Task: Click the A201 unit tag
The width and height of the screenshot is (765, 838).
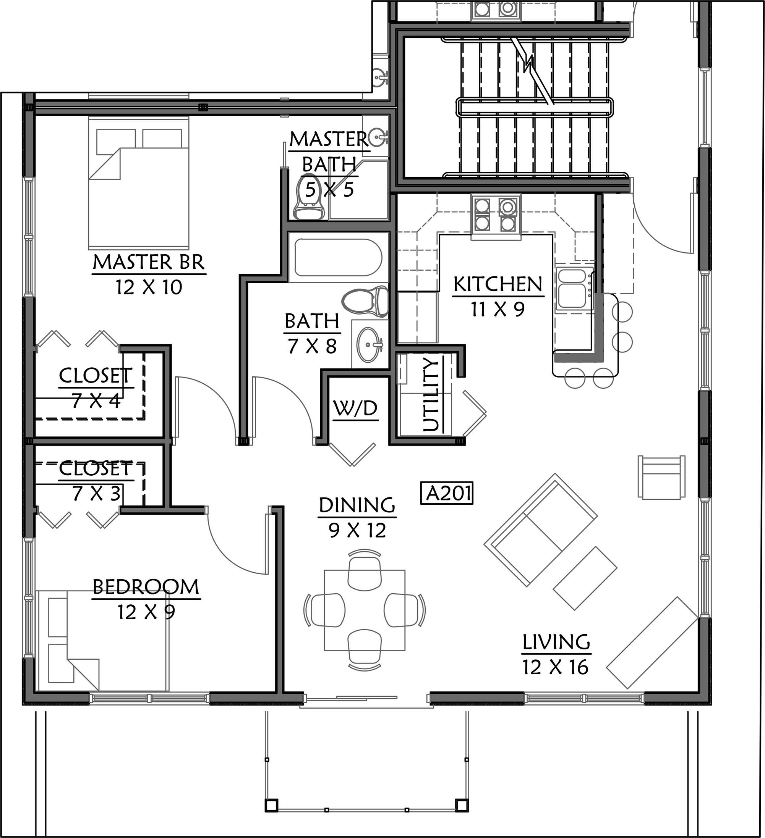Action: (x=447, y=493)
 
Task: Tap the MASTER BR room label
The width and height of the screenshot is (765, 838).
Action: (x=149, y=262)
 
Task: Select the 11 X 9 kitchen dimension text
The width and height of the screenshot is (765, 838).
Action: (x=498, y=309)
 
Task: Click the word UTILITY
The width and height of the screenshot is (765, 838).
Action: (x=431, y=394)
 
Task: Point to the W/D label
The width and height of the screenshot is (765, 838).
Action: (x=355, y=409)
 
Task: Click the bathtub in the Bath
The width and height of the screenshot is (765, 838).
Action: (x=338, y=257)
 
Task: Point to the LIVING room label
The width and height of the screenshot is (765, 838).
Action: (x=556, y=642)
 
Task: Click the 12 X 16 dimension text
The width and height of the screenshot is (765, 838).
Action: (x=555, y=668)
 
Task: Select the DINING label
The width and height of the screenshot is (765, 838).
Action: (x=357, y=505)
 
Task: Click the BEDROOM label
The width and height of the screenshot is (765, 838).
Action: (x=146, y=586)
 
